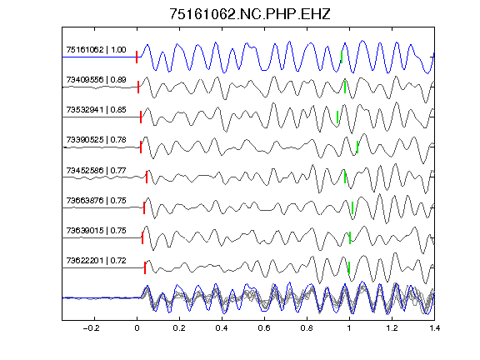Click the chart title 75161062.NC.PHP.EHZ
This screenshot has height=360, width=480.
250,14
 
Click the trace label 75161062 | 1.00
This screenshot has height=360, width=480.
96,50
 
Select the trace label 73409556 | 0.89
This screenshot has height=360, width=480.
96,80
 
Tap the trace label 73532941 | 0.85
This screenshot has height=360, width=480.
96,110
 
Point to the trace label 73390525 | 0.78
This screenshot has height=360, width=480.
96,140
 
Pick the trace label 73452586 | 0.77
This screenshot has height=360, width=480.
96,170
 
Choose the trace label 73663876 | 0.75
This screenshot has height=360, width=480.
96,200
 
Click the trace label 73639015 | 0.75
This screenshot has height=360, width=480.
96,230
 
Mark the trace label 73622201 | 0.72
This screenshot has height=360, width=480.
96,260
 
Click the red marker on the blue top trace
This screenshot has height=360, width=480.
137,57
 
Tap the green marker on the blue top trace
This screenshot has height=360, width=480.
342,57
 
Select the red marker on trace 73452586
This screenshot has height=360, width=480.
147,177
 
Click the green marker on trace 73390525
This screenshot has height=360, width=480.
357,147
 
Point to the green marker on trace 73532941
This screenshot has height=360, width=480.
337,117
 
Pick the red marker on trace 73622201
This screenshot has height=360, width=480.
145,267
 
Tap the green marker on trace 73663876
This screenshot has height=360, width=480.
352,207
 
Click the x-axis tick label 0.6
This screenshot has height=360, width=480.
264,328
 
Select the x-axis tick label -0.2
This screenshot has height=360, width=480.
91,328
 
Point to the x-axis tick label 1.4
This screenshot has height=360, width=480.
434,328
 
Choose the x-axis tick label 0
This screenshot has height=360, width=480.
137,328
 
